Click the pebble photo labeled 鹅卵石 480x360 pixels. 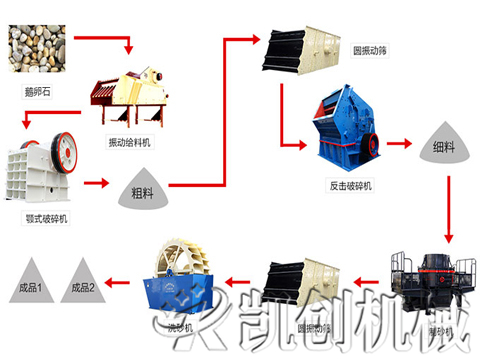point(37,50)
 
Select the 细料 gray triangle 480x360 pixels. point(444,142)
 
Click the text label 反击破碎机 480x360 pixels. point(350,186)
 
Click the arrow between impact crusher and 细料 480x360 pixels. point(400,142)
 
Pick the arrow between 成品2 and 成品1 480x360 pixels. point(58,283)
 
